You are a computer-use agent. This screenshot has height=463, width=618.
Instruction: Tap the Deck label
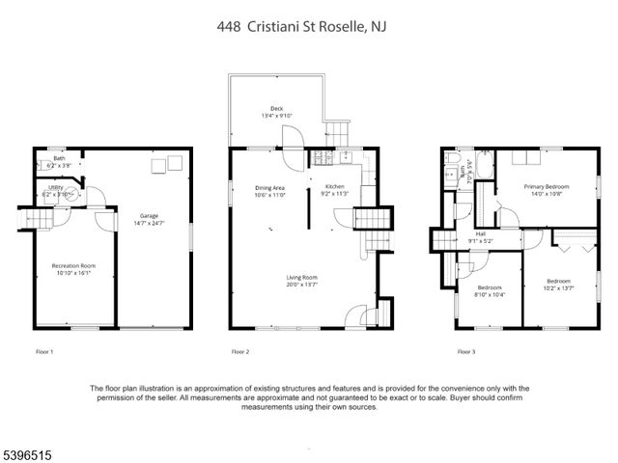click(277, 109)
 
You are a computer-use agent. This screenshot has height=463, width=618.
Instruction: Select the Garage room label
click(148, 216)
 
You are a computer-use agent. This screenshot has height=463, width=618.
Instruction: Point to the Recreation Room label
click(73, 265)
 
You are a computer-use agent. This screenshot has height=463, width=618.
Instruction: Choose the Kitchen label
click(334, 186)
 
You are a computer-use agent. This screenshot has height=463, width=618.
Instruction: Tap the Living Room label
click(301, 278)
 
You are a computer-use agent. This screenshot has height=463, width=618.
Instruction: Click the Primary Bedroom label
click(547, 186)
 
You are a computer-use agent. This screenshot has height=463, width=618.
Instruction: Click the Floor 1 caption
click(44, 351)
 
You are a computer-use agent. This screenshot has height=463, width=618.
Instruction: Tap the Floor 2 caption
click(240, 351)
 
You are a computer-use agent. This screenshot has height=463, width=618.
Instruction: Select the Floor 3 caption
click(465, 351)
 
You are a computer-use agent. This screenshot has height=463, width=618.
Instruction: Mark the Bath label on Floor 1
click(59, 158)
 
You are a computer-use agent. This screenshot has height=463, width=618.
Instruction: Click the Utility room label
click(56, 187)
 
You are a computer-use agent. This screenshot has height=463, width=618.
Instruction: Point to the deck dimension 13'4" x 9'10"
click(277, 117)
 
